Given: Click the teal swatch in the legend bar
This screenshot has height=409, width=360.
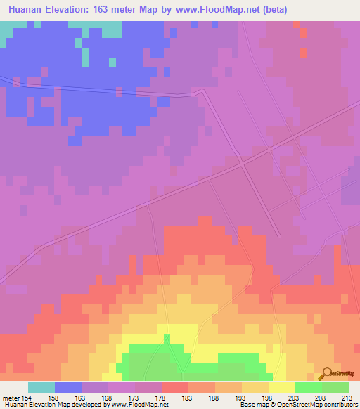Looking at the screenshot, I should (41, 387).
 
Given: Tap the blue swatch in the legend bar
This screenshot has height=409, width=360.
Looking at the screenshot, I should (68, 387).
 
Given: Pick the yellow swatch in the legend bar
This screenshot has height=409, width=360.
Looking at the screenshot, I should (282, 387).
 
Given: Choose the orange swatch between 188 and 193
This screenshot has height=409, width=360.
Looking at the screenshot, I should (229, 387).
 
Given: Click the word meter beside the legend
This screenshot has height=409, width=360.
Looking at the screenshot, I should (11, 397).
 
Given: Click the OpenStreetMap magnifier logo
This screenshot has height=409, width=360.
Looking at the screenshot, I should (325, 374).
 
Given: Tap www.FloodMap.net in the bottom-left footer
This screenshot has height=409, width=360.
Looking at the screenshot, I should (138, 404).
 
